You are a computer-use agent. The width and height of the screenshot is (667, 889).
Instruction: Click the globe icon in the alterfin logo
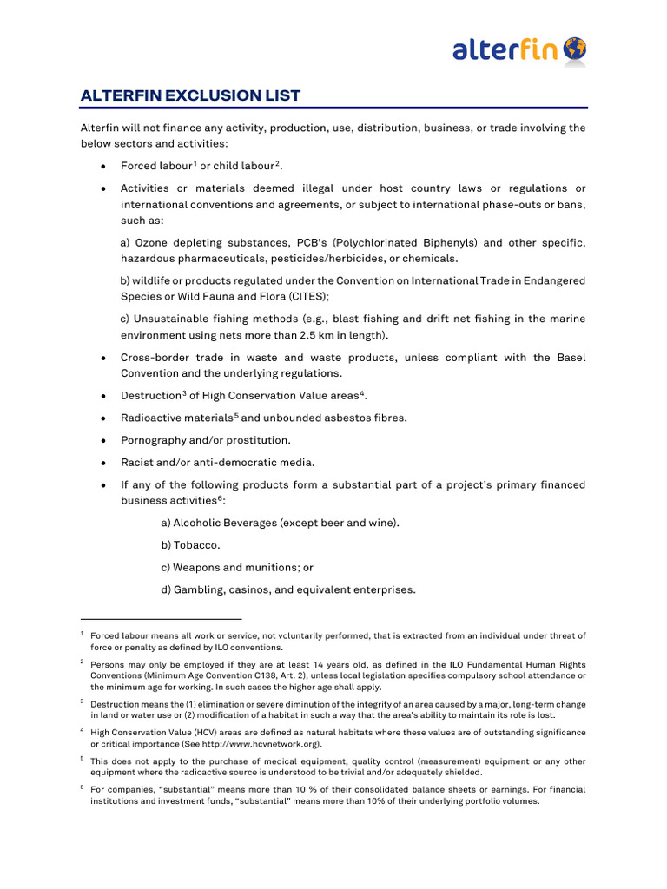click(574, 49)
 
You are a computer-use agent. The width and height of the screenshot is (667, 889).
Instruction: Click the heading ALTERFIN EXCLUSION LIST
click(191, 95)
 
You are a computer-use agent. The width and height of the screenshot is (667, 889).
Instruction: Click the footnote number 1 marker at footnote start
click(82, 635)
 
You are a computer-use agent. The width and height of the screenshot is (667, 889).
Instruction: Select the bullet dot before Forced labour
click(103, 167)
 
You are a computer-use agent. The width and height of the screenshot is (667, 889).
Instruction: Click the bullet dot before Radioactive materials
click(103, 418)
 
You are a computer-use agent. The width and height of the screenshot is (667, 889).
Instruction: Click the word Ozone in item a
click(150, 242)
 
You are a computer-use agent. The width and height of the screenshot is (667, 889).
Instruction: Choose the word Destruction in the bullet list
click(150, 396)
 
